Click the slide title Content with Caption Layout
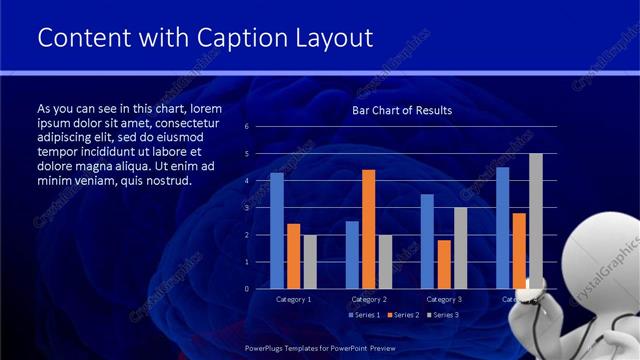tap(205, 37)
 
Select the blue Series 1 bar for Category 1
tap(277, 231)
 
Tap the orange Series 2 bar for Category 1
tap(293, 256)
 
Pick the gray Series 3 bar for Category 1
tap(310, 262)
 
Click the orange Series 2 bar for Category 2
tap(369, 229)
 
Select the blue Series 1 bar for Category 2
tap(352, 255)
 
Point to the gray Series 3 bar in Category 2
tap(385, 262)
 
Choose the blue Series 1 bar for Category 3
tap(427, 241)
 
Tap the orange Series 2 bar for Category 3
tap(444, 264)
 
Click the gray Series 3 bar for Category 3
tap(460, 248)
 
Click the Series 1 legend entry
tap(365, 315)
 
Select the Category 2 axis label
tap(369, 299)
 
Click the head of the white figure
tap(605, 252)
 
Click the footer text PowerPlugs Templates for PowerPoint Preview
tap(320, 347)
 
